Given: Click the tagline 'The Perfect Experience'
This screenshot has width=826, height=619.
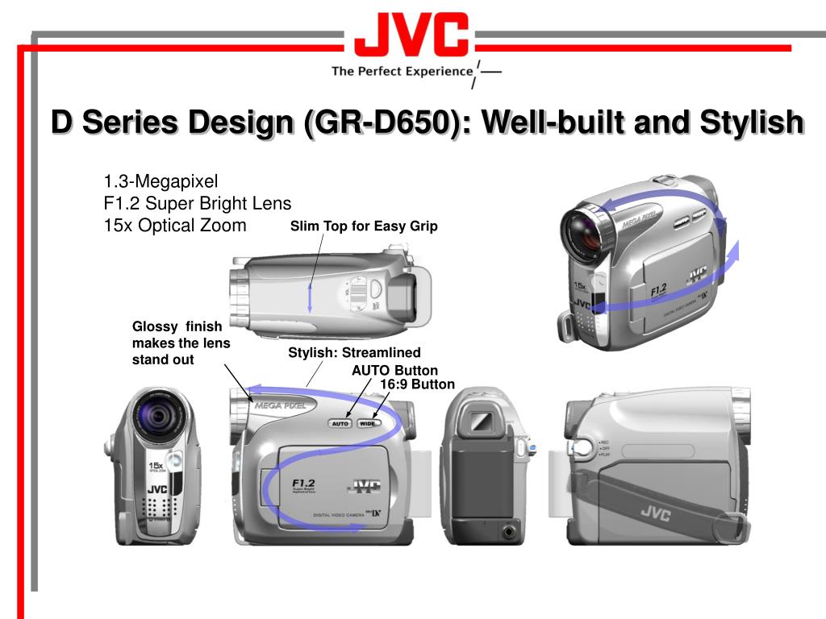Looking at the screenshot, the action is tap(402, 71).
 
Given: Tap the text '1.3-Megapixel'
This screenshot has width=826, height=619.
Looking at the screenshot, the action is tap(161, 181).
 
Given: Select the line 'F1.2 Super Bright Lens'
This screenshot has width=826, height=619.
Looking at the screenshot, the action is tap(197, 203).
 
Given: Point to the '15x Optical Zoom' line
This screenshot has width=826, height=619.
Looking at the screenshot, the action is tap(175, 225).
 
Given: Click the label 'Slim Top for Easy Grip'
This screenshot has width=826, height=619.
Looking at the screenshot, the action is tap(364, 226).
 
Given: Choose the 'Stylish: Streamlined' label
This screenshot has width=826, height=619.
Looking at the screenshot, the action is tap(354, 353).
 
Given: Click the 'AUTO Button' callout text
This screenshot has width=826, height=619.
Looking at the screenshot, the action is tap(394, 370).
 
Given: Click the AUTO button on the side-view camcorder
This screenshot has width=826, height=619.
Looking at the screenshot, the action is tap(340, 423).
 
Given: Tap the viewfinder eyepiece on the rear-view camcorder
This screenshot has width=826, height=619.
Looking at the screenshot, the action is tap(481, 420).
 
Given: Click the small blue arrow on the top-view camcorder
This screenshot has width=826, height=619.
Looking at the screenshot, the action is tap(309, 299).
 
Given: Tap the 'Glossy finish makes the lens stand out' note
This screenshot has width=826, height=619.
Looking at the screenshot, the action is tap(181, 343).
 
